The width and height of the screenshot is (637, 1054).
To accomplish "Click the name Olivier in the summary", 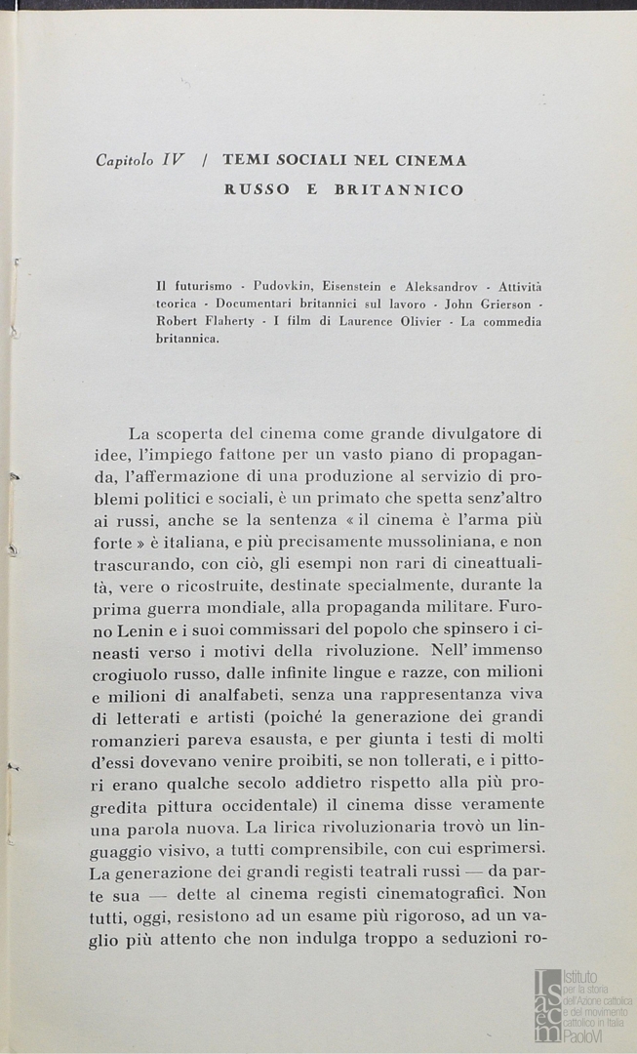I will click(415, 323).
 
